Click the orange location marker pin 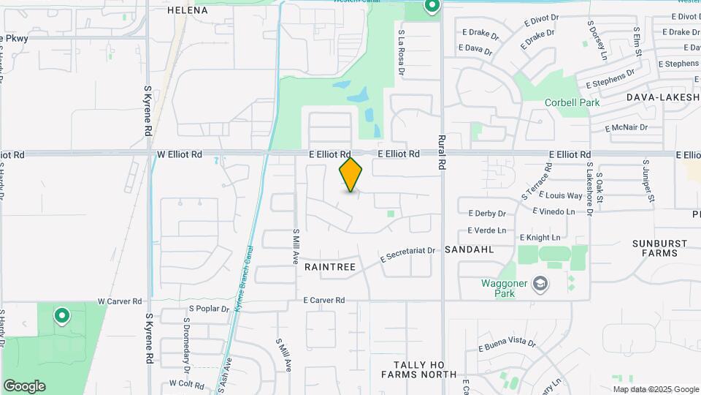pos(351,174)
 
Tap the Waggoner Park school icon pos(540,284)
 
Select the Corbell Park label pos(572,102)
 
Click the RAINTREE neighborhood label pos(330,267)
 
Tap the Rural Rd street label pos(442,152)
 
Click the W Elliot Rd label pos(180,154)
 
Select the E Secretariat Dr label pos(407,255)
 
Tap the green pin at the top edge pos(432,7)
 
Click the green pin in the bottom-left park pos(62,316)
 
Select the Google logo pos(24,386)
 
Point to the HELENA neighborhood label pos(188,10)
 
